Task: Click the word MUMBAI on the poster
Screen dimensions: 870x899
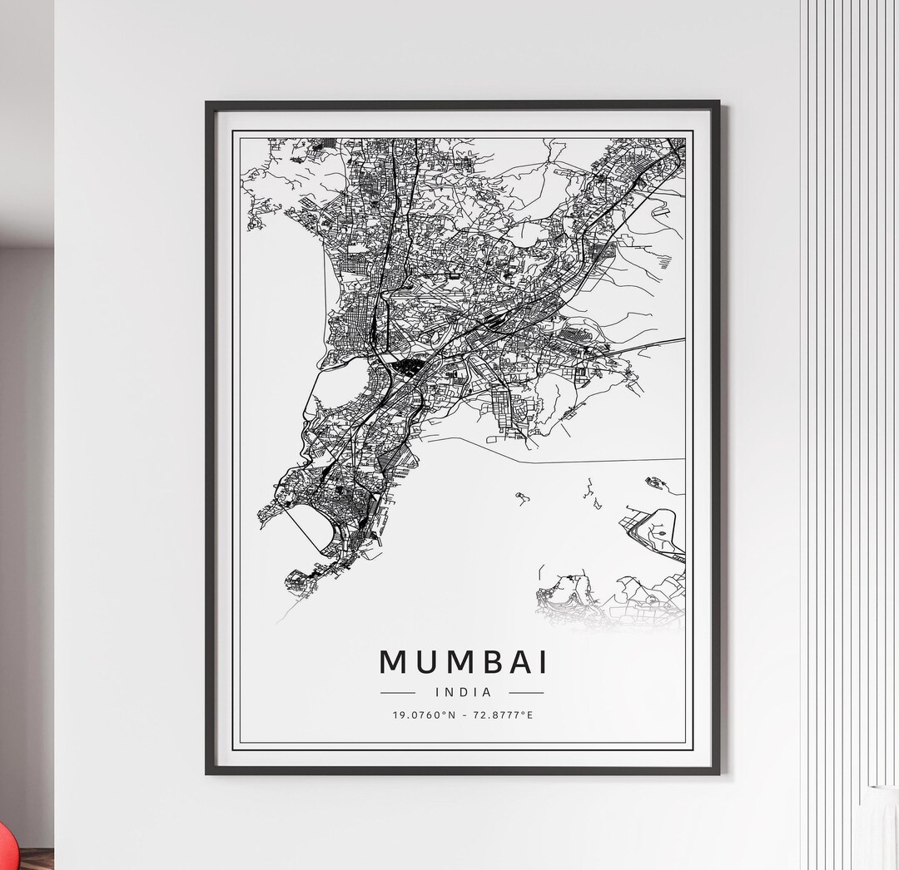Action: coord(464,662)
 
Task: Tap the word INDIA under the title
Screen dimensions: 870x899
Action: coord(463,691)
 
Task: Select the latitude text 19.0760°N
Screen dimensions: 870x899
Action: coord(425,714)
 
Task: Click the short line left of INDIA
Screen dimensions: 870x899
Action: coord(397,692)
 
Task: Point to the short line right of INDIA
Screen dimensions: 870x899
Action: coord(525,692)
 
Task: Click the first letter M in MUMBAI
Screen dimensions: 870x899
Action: coord(395,662)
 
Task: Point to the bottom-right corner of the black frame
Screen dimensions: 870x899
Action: coord(718,772)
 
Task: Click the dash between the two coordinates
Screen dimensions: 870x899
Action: coord(464,714)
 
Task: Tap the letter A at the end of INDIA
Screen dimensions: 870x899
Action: coord(487,691)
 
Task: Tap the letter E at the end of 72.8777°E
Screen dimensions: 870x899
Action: coord(530,714)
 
